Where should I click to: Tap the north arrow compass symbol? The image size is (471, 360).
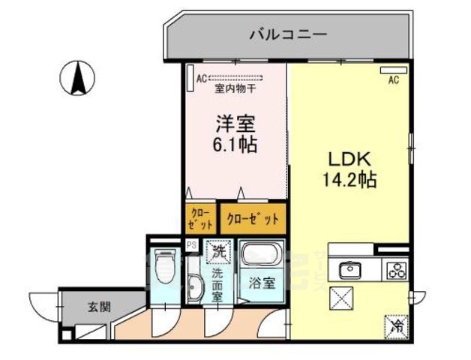[78, 79]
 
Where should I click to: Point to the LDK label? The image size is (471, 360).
[345, 159]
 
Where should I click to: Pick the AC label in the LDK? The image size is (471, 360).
[392, 82]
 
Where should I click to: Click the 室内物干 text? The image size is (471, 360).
[235, 88]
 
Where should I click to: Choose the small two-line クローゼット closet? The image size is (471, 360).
[199, 218]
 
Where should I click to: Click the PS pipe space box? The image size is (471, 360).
[190, 244]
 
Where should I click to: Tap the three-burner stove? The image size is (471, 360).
[394, 270]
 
